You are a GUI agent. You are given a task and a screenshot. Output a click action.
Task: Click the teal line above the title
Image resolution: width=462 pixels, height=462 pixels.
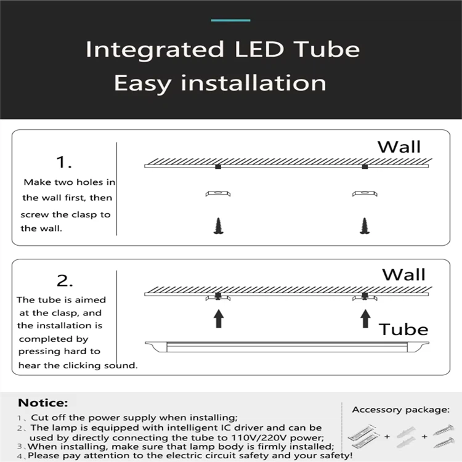pyautogui.click(x=230, y=20)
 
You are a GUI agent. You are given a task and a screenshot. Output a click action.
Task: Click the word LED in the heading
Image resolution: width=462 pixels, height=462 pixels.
pyautogui.click(x=259, y=49)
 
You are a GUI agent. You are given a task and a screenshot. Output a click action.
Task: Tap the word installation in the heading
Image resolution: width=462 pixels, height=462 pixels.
pyautogui.click(x=253, y=83)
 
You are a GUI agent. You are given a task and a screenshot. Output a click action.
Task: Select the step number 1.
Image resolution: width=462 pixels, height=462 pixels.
pyautogui.click(x=64, y=162)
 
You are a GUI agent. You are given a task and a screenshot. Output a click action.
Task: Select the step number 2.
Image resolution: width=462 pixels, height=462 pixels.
pyautogui.click(x=65, y=280)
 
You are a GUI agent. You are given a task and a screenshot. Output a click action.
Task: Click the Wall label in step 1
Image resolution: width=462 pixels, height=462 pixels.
pyautogui.click(x=399, y=147)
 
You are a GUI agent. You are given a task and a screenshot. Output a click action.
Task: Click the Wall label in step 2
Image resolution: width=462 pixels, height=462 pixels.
pyautogui.click(x=403, y=275)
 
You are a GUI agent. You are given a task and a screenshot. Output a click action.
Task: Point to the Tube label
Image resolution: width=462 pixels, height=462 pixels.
pyautogui.click(x=403, y=330)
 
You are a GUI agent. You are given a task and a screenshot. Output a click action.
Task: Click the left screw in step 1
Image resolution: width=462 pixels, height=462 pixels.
pyautogui.click(x=218, y=226)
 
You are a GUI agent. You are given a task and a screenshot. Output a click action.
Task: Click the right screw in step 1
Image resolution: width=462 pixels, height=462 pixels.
pyautogui.click(x=365, y=226)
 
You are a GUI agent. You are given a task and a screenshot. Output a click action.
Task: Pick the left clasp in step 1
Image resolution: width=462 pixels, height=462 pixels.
pyautogui.click(x=218, y=193)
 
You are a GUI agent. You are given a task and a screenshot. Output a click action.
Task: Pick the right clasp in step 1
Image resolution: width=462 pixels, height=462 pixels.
pyautogui.click(x=365, y=193)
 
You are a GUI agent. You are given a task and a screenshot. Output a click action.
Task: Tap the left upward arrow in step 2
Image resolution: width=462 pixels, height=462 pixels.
pyautogui.click(x=218, y=318)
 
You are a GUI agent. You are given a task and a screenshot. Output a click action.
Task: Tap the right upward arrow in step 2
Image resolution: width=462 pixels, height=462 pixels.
pyautogui.click(x=366, y=318)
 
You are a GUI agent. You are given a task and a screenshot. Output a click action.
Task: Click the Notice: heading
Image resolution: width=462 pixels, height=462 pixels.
pyautogui.click(x=43, y=403)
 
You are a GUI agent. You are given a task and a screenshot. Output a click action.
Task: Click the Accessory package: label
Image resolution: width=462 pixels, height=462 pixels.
pyautogui.click(x=401, y=410)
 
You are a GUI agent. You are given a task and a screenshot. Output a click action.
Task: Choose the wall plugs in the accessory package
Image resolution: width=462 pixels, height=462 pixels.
pyautogui.click(x=406, y=437)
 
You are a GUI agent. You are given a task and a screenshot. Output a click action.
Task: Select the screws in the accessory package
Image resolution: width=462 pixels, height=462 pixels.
pyautogui.click(x=444, y=436)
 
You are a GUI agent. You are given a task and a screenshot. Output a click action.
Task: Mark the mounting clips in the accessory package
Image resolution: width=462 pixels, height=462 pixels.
pyautogui.click(x=362, y=437)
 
